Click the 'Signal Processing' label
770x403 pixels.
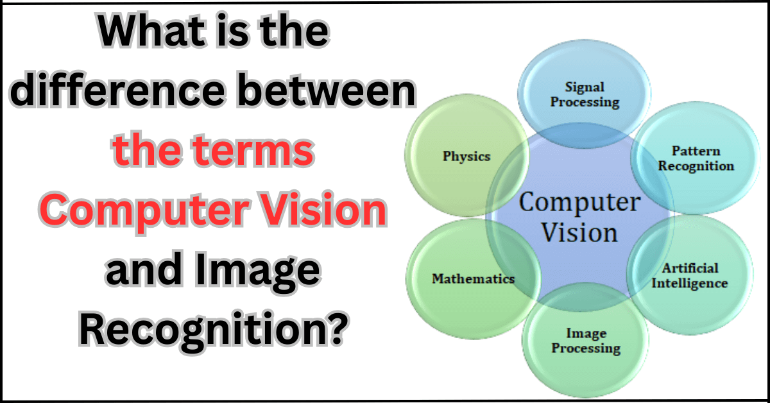pyautogui.click(x=585, y=94)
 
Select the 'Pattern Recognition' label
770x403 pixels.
pyautogui.click(x=696, y=159)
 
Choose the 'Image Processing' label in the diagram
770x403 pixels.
pyautogui.click(x=586, y=341)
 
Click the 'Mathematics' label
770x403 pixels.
pyautogui.click(x=473, y=279)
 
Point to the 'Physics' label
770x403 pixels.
pyautogui.click(x=466, y=156)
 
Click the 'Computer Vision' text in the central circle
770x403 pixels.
pyautogui.click(x=579, y=218)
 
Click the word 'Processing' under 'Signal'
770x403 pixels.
pyautogui.click(x=585, y=101)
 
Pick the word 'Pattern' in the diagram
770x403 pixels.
pyautogui.click(x=696, y=151)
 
